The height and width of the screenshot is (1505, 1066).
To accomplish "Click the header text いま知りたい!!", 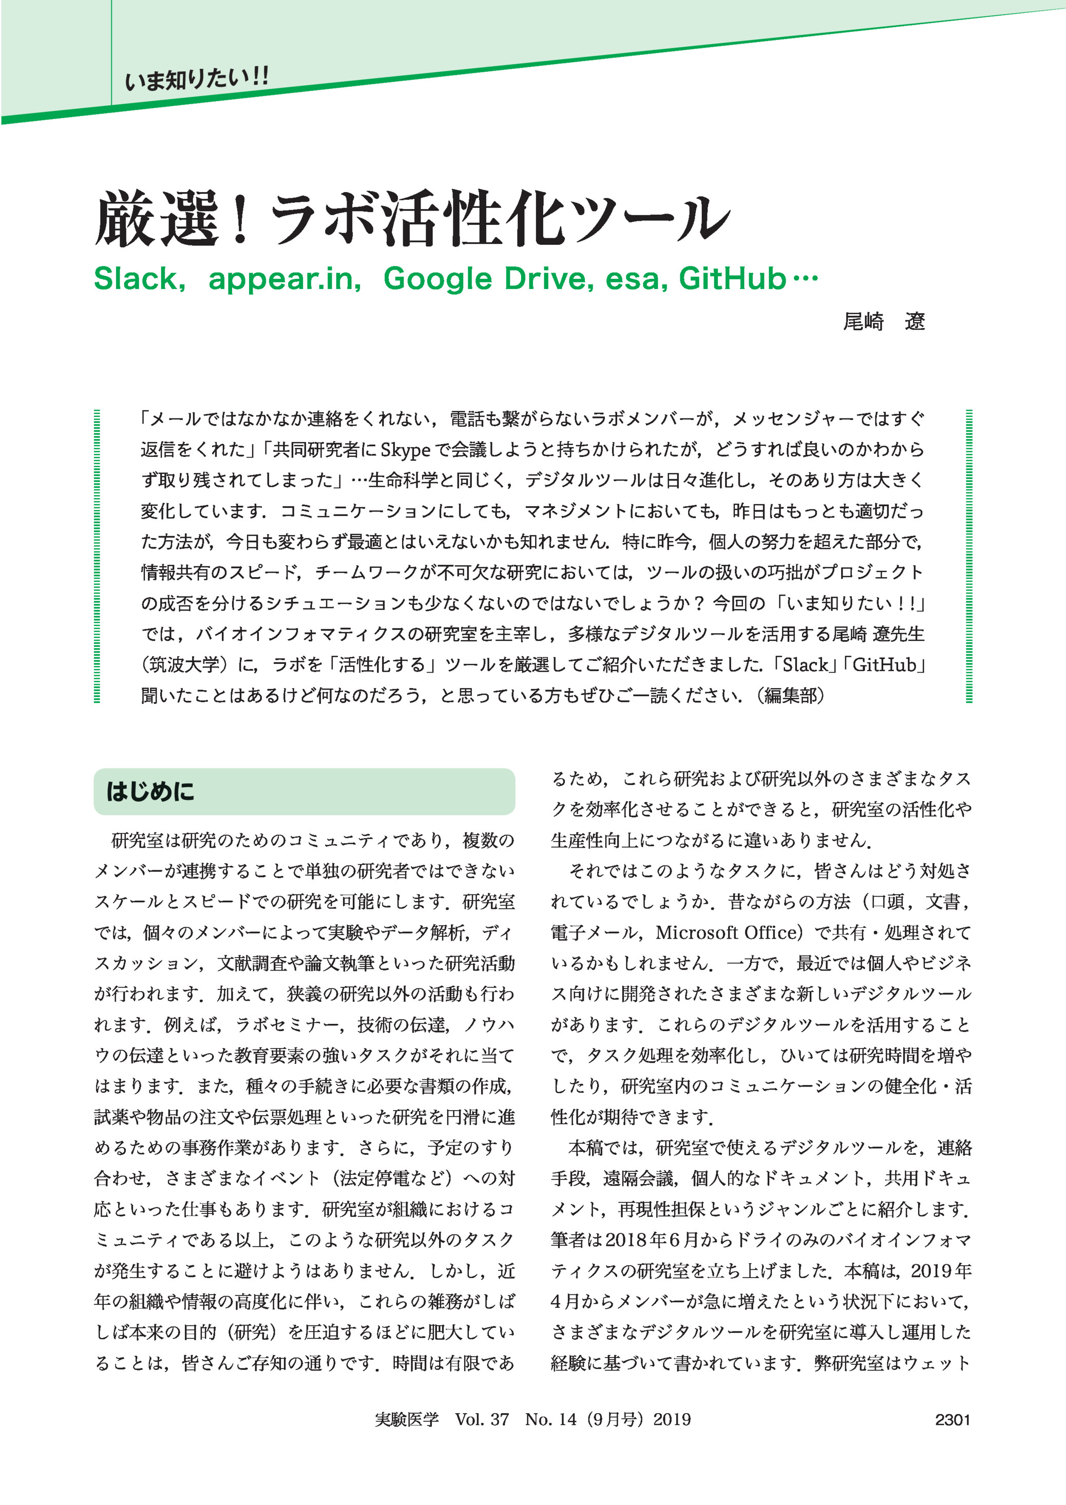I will (196, 79).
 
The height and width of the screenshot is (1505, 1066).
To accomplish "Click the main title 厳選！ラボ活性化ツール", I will (413, 219).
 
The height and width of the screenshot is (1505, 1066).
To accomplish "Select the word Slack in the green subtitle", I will (135, 279).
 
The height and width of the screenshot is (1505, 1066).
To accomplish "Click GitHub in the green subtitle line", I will (732, 279).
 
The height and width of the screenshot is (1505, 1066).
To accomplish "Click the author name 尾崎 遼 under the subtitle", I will (884, 321).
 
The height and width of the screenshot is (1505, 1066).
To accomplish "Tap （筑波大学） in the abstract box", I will (181, 665).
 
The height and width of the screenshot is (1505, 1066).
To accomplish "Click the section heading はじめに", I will (150, 792).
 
